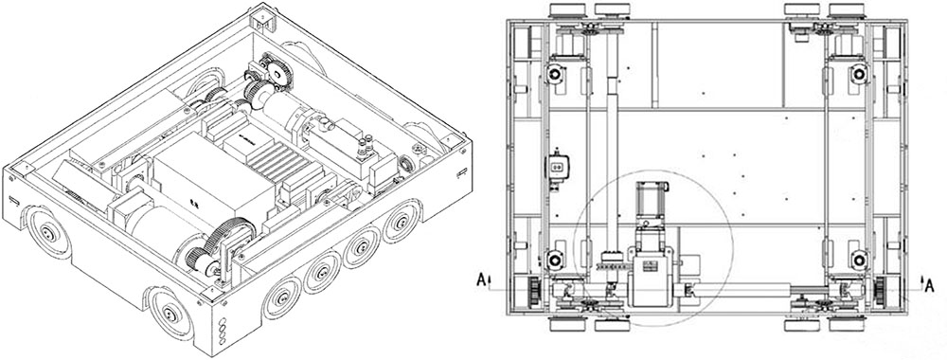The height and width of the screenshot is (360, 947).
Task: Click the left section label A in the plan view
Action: coord(481,279)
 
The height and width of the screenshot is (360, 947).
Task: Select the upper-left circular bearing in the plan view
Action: coord(554,75)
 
